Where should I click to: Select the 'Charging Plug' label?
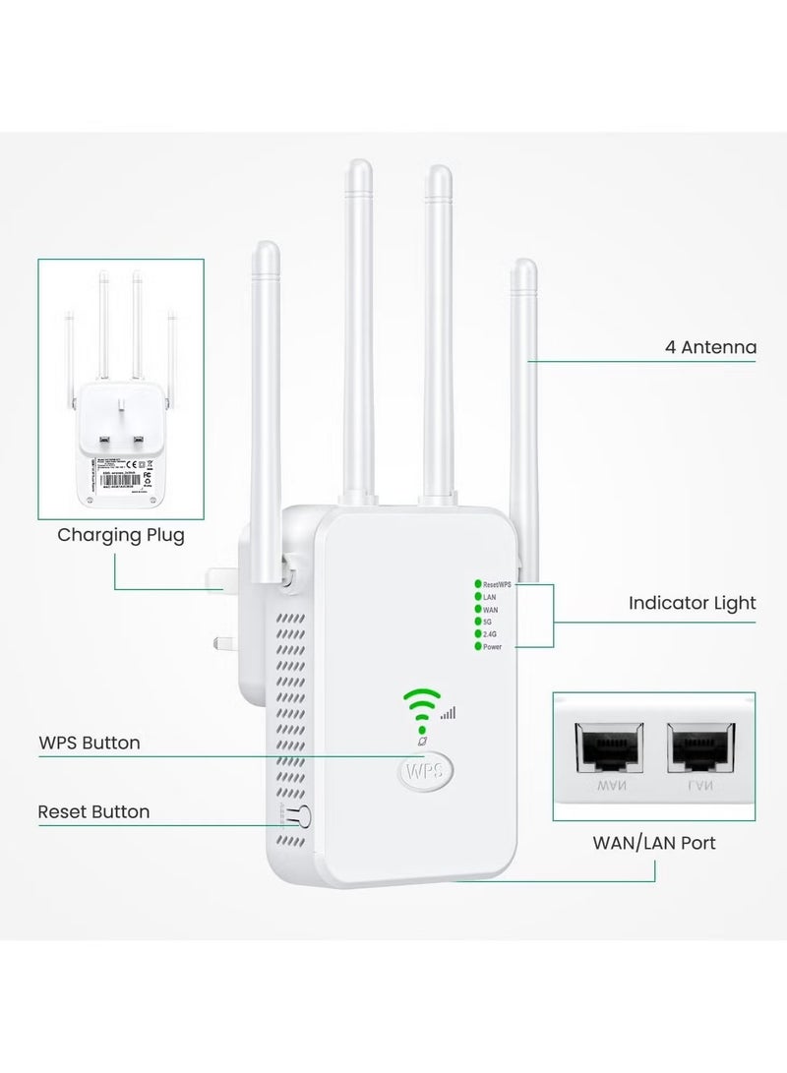click(120, 536)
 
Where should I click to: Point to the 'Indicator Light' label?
click(693, 603)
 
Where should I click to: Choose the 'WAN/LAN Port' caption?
click(653, 843)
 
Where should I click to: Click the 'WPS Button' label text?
click(89, 743)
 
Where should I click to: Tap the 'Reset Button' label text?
click(93, 811)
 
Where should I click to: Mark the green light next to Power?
click(477, 647)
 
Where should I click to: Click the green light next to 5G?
click(477, 622)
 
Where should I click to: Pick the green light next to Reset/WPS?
click(477, 584)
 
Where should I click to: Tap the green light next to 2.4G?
click(477, 634)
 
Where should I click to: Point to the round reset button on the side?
click(303, 815)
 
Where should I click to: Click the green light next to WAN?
click(477, 609)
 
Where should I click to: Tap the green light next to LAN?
click(477, 596)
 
